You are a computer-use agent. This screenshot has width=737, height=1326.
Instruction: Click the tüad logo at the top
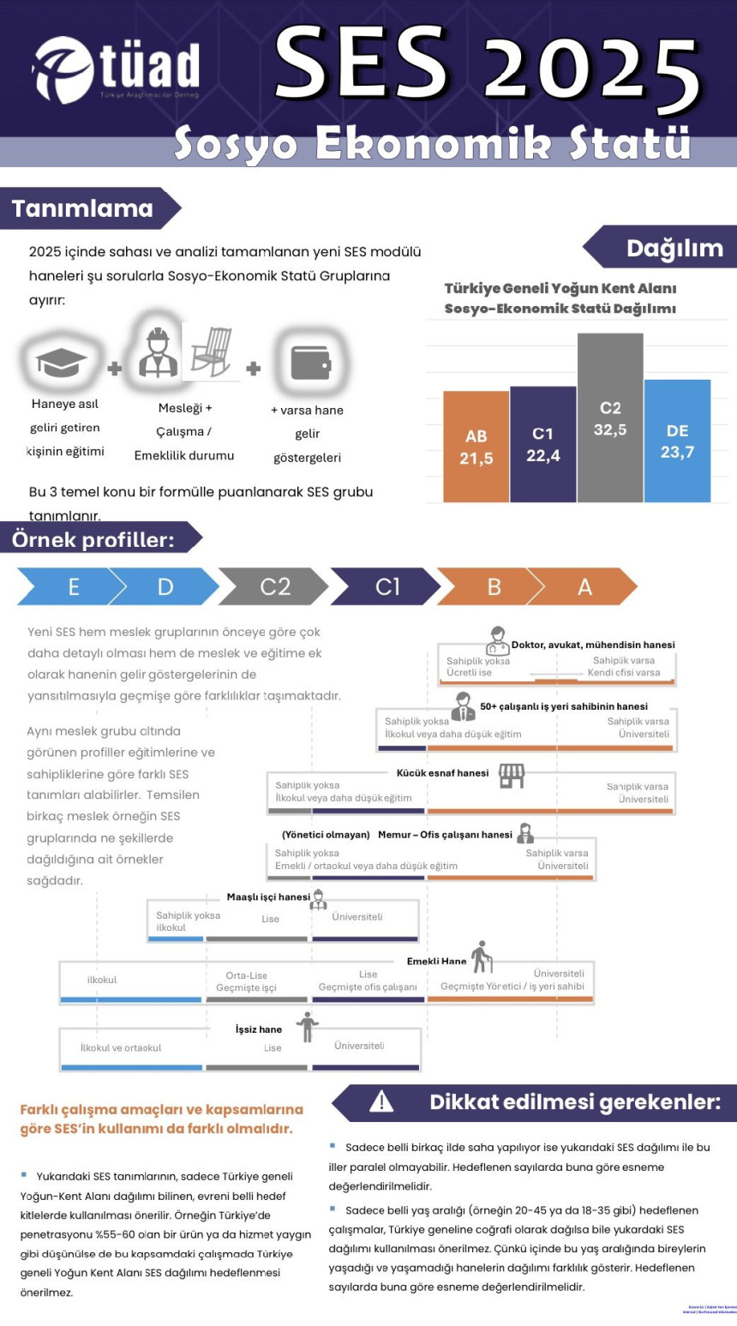[116, 69]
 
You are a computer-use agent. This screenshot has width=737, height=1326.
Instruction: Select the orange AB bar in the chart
[476, 447]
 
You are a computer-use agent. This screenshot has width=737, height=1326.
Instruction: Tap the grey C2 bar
[610, 418]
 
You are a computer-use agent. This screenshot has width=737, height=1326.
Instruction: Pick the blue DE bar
[677, 441]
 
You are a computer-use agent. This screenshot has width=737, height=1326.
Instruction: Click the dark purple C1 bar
[542, 444]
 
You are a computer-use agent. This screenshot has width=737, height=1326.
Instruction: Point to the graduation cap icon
[62, 362]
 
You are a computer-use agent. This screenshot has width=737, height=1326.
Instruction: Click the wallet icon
[310, 362]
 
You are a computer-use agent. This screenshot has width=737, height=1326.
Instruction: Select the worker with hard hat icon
[159, 352]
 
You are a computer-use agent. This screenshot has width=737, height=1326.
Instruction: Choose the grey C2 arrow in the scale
[274, 587]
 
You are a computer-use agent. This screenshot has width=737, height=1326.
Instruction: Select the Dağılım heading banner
[664, 248]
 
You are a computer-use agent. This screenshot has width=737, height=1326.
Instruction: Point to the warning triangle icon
[380, 1101]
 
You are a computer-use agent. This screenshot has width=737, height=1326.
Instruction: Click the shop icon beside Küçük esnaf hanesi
[512, 776]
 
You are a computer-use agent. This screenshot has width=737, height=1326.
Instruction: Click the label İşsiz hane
[259, 1029]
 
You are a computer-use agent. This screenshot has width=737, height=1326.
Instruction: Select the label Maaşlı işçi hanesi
[268, 897]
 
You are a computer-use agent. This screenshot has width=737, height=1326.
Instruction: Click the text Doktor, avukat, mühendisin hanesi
[593, 645]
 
